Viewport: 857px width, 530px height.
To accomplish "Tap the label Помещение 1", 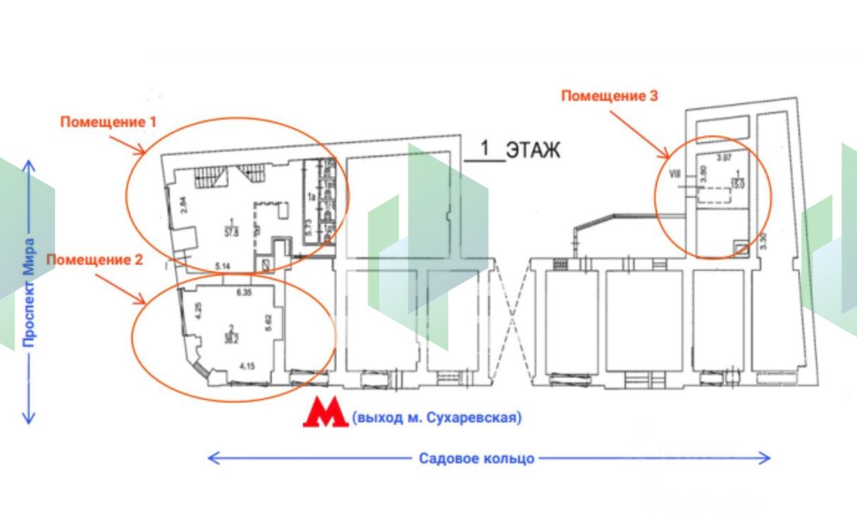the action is coord(108,122).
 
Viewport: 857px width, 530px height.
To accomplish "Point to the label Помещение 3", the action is coord(609,96).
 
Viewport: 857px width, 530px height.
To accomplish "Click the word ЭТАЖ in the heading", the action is coord(532,150).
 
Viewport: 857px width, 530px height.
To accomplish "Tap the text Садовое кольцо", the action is coord(477,458).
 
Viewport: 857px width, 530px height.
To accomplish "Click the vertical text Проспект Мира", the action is coord(29,292).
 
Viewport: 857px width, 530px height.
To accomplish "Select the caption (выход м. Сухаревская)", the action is coord(437,419).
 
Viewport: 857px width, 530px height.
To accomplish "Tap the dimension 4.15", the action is coord(248,366).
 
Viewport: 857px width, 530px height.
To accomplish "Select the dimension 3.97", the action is coord(723,158).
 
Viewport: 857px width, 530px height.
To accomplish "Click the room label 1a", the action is coord(311,196).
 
